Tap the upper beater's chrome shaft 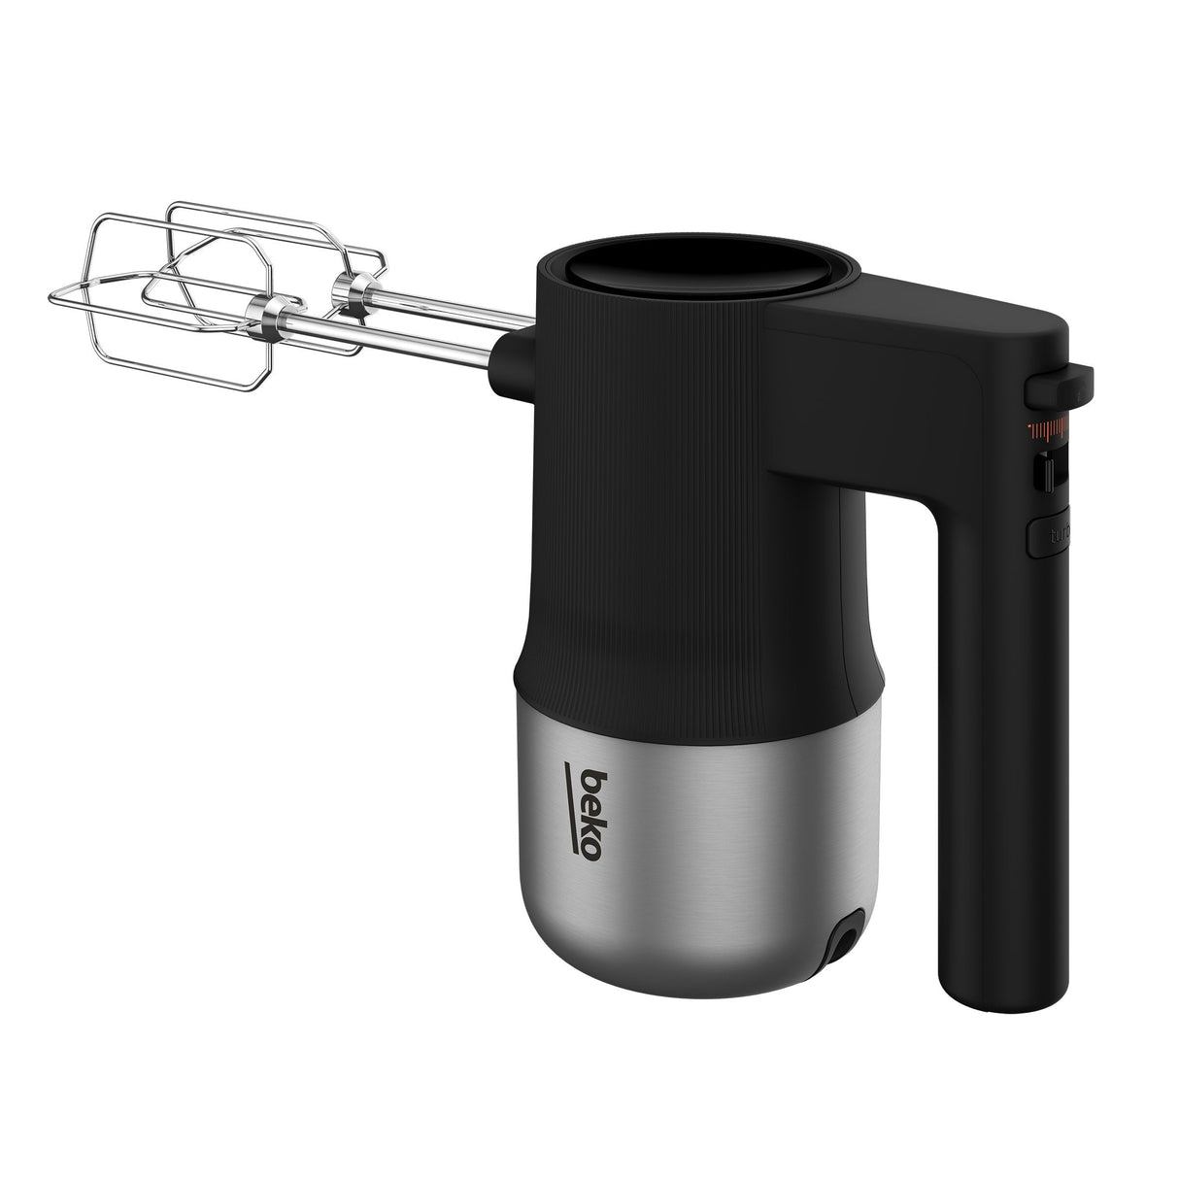point(437,308)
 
